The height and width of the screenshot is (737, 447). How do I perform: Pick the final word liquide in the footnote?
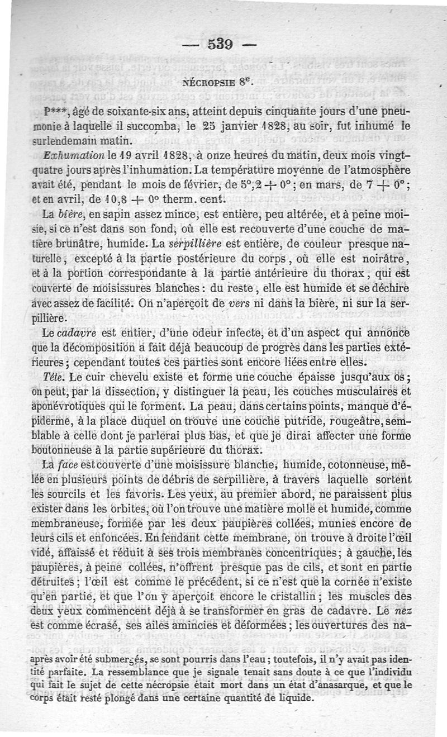(297, 698)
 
